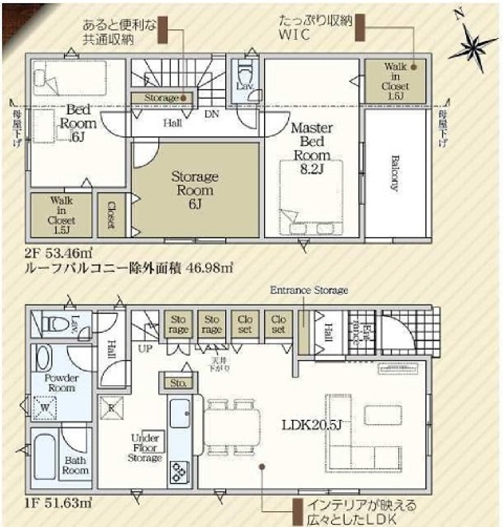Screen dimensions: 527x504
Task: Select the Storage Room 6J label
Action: coord(195,190)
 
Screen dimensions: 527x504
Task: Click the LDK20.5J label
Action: coord(312,425)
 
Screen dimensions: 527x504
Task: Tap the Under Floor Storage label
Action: coord(145,448)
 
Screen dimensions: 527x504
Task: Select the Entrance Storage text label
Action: coord(309,290)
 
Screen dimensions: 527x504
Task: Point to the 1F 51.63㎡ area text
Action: coord(57,503)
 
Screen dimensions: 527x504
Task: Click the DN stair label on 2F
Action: coord(212,114)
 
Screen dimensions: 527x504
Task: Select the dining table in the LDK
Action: coord(232,427)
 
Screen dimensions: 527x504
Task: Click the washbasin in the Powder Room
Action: coord(43,359)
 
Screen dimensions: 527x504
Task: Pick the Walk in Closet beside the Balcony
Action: coord(395,81)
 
